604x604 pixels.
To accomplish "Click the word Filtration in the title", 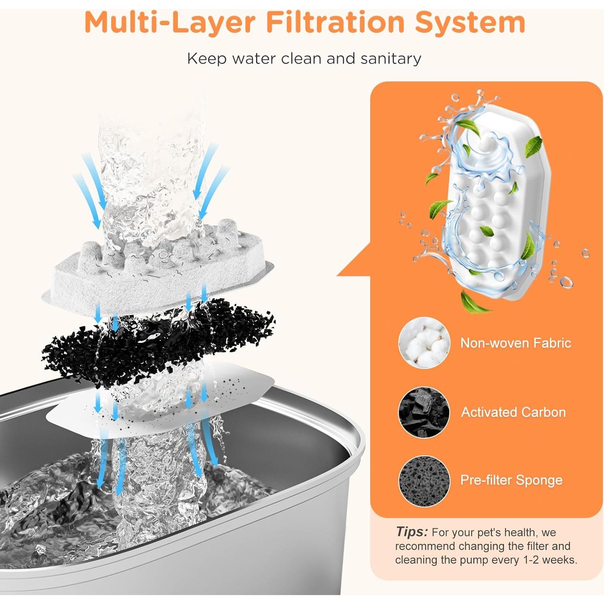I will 335,22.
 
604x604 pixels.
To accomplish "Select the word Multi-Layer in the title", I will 170,22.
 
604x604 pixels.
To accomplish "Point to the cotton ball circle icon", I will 424,343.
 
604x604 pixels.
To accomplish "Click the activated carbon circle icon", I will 424,412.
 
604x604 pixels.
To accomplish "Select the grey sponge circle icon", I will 424,481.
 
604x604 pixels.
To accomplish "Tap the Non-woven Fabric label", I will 516,343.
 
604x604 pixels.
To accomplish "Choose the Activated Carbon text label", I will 513,412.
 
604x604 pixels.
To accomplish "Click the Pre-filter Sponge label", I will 511,480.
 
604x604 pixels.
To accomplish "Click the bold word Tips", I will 412,532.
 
